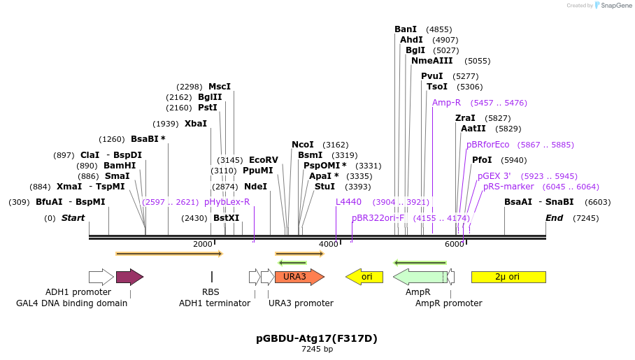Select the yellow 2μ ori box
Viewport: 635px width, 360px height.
tap(508, 277)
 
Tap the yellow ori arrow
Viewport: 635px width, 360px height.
tap(364, 277)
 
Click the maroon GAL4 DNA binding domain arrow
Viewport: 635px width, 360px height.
tap(129, 277)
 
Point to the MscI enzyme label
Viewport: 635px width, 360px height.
tap(220, 87)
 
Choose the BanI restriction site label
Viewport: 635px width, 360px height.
tap(406, 29)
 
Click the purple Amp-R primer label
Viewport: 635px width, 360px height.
tap(446, 103)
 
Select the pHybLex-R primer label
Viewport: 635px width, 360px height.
tap(227, 202)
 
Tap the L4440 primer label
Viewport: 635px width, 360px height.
tap(348, 202)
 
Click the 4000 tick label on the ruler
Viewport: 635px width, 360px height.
tap(329, 244)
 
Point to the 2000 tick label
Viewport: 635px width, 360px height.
tap(203, 244)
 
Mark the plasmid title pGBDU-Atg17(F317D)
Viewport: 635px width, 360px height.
tap(317, 338)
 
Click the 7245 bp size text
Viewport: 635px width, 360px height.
tap(317, 349)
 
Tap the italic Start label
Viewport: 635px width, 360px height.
tap(73, 218)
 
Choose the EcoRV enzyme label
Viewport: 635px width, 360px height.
tap(263, 160)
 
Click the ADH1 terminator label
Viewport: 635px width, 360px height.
tap(214, 303)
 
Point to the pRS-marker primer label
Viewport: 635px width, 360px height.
tap(508, 187)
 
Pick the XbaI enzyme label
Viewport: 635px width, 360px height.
tap(196, 124)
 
